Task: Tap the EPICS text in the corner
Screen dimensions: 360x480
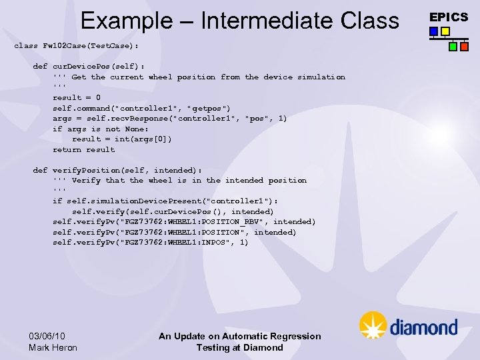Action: pos(448,17)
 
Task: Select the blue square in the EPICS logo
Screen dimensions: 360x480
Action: pos(434,31)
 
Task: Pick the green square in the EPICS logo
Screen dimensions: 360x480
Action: pos(453,47)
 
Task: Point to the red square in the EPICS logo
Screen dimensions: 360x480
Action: pos(463,47)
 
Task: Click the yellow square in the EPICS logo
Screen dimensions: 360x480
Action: pos(445,31)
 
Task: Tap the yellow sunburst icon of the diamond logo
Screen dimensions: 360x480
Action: pos(373,325)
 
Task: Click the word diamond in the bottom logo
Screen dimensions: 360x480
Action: pos(423,327)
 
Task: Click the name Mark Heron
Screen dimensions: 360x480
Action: pos(53,347)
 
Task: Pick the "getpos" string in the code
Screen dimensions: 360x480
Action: pos(209,108)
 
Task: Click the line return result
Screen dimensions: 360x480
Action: pos(83,149)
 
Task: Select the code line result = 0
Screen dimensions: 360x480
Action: pos(77,97)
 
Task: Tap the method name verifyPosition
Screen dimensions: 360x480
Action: pos(86,170)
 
